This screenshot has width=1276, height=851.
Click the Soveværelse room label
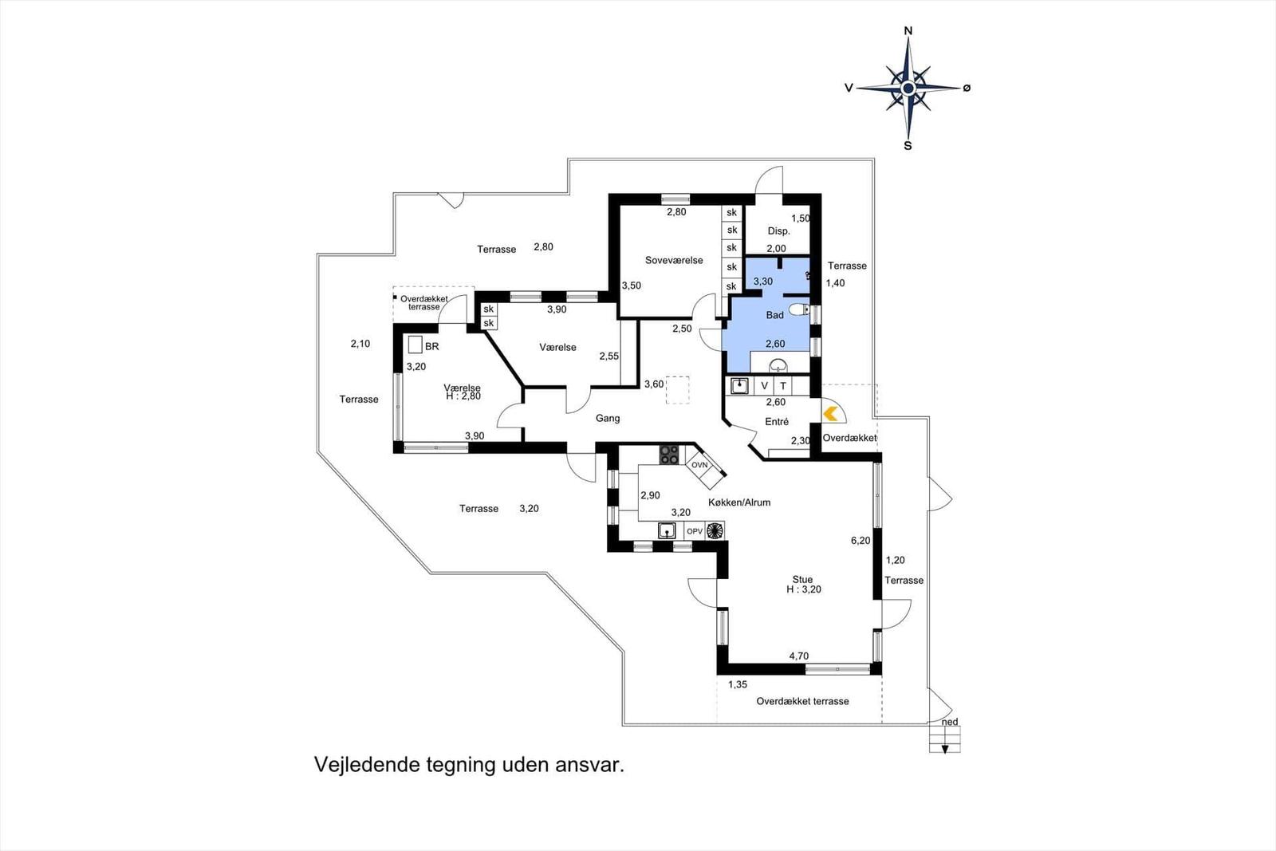(x=674, y=260)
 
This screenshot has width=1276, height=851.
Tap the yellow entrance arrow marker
(x=830, y=414)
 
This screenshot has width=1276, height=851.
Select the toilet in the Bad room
(x=798, y=310)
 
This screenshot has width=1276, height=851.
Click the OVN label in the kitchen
(x=699, y=465)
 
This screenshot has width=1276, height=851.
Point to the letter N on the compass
(x=908, y=31)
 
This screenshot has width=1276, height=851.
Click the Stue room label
(x=802, y=580)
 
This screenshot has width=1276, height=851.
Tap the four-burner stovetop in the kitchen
(x=669, y=455)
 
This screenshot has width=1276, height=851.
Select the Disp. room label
(x=778, y=231)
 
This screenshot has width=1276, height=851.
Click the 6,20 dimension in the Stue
(x=861, y=541)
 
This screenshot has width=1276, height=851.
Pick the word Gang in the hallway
(x=608, y=418)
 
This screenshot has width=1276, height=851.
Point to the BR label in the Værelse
(x=431, y=346)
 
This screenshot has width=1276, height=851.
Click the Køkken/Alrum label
(x=739, y=502)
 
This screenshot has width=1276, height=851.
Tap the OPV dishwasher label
(x=695, y=531)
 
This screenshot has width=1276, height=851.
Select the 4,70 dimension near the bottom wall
(x=798, y=656)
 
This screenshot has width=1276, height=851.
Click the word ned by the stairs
(x=950, y=722)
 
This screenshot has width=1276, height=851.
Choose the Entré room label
(x=777, y=422)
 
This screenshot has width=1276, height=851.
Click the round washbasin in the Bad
(x=778, y=365)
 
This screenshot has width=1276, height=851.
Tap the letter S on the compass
(x=908, y=146)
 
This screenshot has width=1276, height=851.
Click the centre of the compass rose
(x=908, y=88)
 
